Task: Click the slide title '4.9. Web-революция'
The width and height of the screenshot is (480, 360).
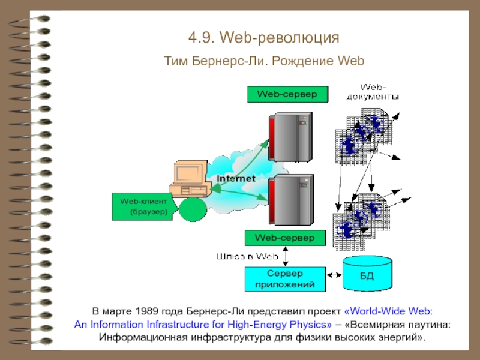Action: click(263, 38)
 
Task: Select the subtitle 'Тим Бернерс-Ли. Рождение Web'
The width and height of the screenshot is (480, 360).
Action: click(264, 61)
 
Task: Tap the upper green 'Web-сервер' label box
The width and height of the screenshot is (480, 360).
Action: click(287, 94)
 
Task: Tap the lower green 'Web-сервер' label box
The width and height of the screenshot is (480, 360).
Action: click(285, 238)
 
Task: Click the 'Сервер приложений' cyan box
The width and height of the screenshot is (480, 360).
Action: click(285, 279)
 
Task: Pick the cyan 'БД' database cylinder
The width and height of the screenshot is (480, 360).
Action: click(367, 274)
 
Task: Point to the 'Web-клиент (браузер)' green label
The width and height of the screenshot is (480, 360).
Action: click(145, 206)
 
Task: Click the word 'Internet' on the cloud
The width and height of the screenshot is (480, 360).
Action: click(236, 178)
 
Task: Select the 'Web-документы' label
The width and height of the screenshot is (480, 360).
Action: click(373, 92)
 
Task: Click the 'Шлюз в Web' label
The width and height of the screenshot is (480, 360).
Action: click(247, 256)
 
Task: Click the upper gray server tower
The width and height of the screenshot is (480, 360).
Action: click(290, 137)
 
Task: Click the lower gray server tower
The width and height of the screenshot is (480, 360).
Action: click(291, 200)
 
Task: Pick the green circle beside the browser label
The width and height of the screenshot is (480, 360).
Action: click(193, 209)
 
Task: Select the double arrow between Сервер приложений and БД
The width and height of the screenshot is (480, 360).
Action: click(334, 275)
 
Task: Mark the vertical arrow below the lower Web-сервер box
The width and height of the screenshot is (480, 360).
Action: click(286, 256)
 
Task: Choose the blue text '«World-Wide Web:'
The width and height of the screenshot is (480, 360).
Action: click(388, 311)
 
